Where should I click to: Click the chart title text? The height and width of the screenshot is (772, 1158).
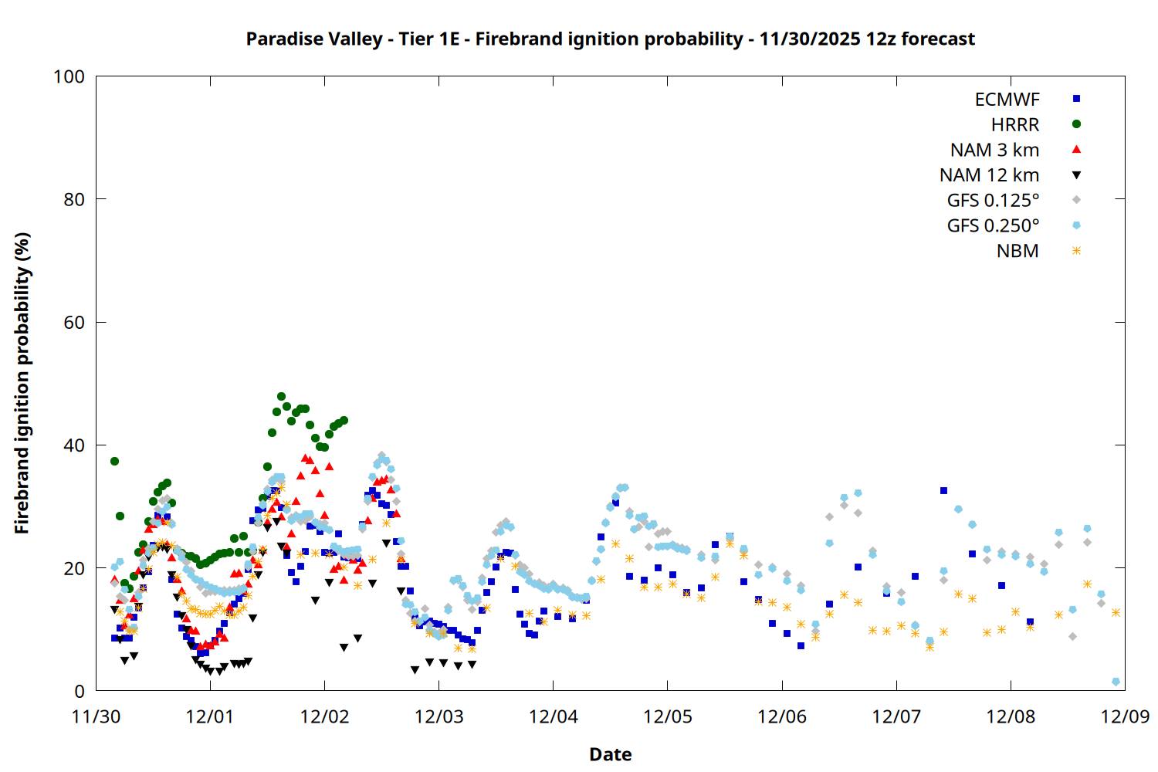[610, 39]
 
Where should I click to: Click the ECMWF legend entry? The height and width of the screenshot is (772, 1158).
[1007, 100]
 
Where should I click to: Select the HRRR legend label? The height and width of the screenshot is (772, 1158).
[1015, 125]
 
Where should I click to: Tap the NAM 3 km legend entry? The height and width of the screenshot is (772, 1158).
[994, 151]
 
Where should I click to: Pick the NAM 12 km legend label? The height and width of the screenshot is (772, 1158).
[989, 176]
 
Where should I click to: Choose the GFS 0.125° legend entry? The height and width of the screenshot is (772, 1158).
[993, 201]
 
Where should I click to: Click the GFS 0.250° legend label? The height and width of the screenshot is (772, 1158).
[993, 226]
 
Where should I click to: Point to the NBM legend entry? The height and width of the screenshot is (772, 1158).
[1017, 252]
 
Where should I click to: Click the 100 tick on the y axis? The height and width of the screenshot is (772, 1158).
[69, 76]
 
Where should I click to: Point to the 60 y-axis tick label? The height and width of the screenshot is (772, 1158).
[74, 323]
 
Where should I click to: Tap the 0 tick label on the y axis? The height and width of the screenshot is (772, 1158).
[80, 692]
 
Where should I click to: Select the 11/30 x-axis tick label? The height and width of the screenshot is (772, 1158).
[96, 716]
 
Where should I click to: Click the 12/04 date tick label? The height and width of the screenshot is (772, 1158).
[553, 716]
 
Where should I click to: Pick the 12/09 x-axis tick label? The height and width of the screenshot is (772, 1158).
[1125, 716]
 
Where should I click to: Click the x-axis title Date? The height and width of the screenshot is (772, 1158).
[610, 754]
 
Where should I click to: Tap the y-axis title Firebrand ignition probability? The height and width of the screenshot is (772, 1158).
[22, 383]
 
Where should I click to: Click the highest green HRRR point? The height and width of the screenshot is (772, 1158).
[281, 397]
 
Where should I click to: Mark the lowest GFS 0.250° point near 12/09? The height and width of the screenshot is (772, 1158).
[1116, 682]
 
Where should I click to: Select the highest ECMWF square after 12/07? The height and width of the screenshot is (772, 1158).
[943, 490]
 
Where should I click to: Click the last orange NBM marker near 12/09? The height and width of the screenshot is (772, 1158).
[1116, 613]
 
